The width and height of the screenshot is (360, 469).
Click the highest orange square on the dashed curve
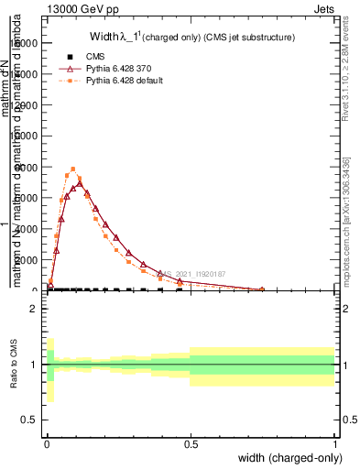point(73,169)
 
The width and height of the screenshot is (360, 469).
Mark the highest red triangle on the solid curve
point(80,183)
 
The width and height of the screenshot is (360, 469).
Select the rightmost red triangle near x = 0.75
point(262,289)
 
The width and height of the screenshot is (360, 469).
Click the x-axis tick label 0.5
point(191,442)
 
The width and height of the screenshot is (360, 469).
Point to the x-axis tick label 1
point(333,442)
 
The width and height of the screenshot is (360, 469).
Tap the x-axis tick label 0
point(47,442)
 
